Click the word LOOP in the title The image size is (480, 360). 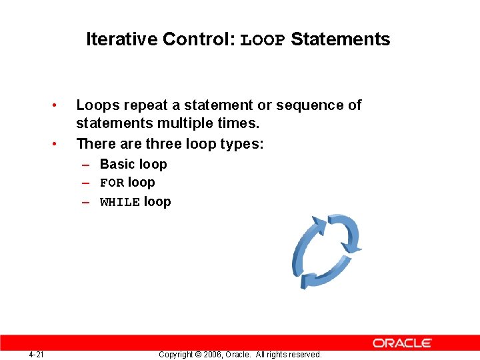(x=263, y=40)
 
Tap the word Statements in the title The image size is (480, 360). (x=340, y=39)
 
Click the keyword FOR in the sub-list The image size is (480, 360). (x=111, y=183)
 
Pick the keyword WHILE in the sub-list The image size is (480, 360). (x=119, y=203)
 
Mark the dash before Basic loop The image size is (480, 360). (x=87, y=164)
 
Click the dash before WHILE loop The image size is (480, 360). (x=87, y=202)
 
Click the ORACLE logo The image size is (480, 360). (x=402, y=343)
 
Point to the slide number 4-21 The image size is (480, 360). (x=36, y=354)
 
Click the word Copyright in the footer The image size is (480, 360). (x=177, y=355)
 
